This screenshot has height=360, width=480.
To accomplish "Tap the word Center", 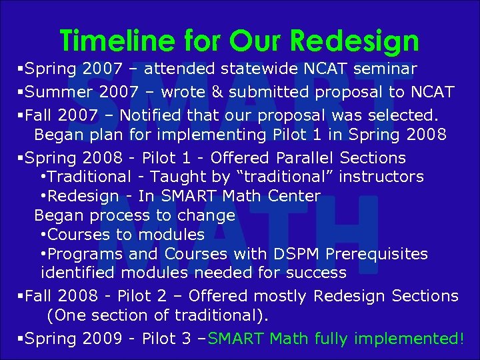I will coord(294,196).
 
